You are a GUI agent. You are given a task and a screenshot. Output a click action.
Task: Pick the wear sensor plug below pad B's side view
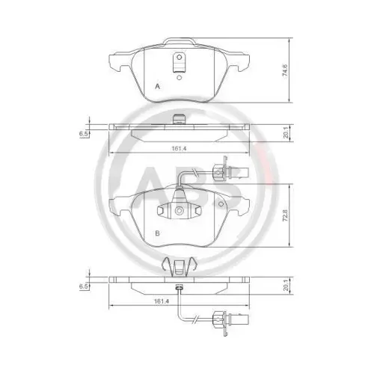click(x=221, y=325)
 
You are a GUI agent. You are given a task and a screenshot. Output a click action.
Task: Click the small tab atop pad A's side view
click(x=179, y=119)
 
